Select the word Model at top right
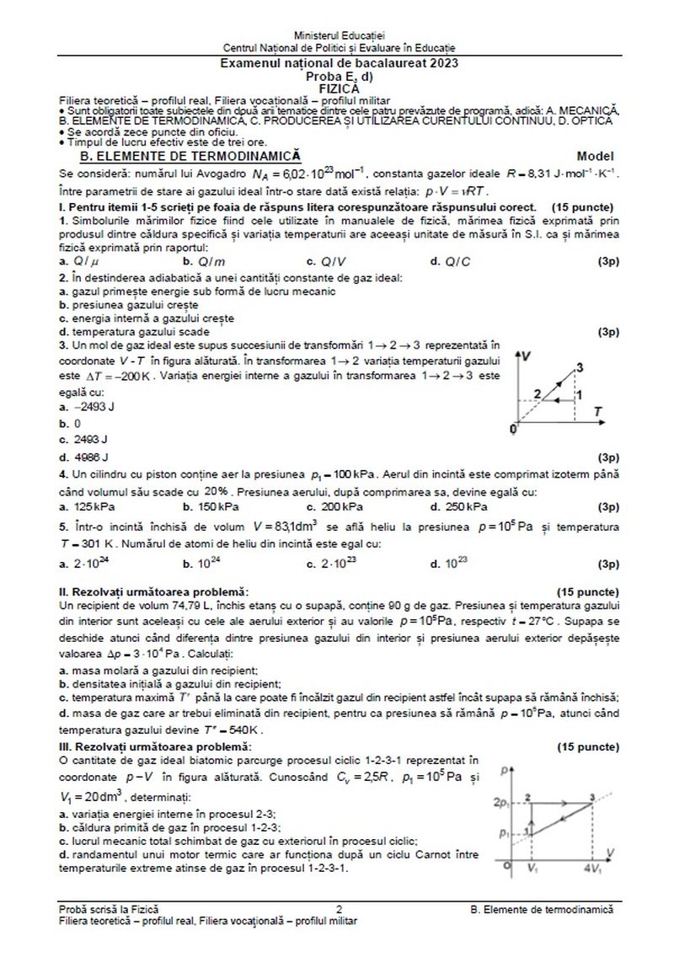pyautogui.click(x=596, y=156)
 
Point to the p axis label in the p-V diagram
pyautogui.click(x=503, y=770)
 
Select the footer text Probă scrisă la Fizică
pyautogui.click(x=109, y=909)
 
